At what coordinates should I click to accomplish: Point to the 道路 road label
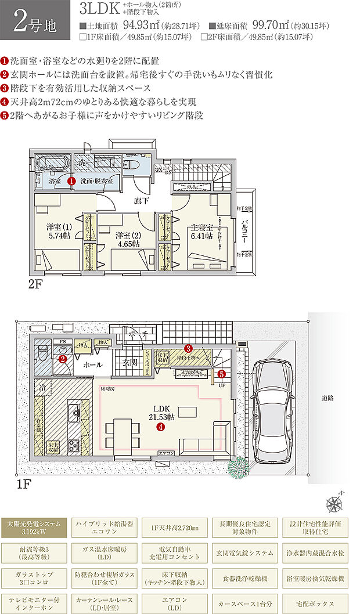tap(328, 399)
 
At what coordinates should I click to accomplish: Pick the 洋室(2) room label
tap(127, 240)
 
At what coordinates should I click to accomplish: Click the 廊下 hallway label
tap(142, 201)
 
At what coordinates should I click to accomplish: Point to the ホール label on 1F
tap(92, 365)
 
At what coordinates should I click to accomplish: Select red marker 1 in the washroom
tap(71, 180)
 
